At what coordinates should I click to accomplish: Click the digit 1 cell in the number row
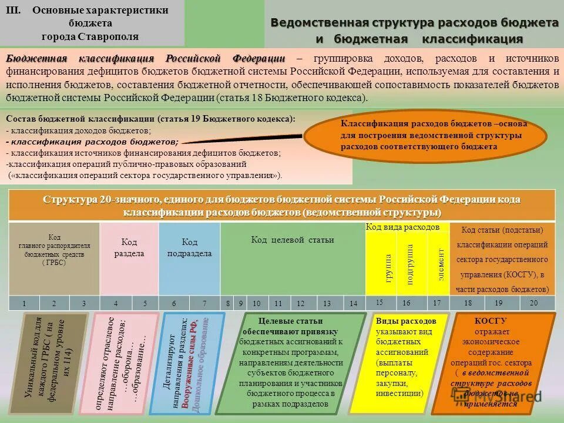(x=23, y=303)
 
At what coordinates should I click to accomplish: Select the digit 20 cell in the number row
(x=533, y=303)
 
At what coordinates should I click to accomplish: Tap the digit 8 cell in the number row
(x=228, y=303)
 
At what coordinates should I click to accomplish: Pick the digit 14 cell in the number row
(x=353, y=303)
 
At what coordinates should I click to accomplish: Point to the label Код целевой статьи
(x=292, y=240)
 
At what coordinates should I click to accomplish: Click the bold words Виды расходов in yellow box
(x=405, y=321)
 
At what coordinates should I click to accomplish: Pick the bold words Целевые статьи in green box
(x=291, y=321)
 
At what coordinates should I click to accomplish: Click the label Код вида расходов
(x=402, y=227)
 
